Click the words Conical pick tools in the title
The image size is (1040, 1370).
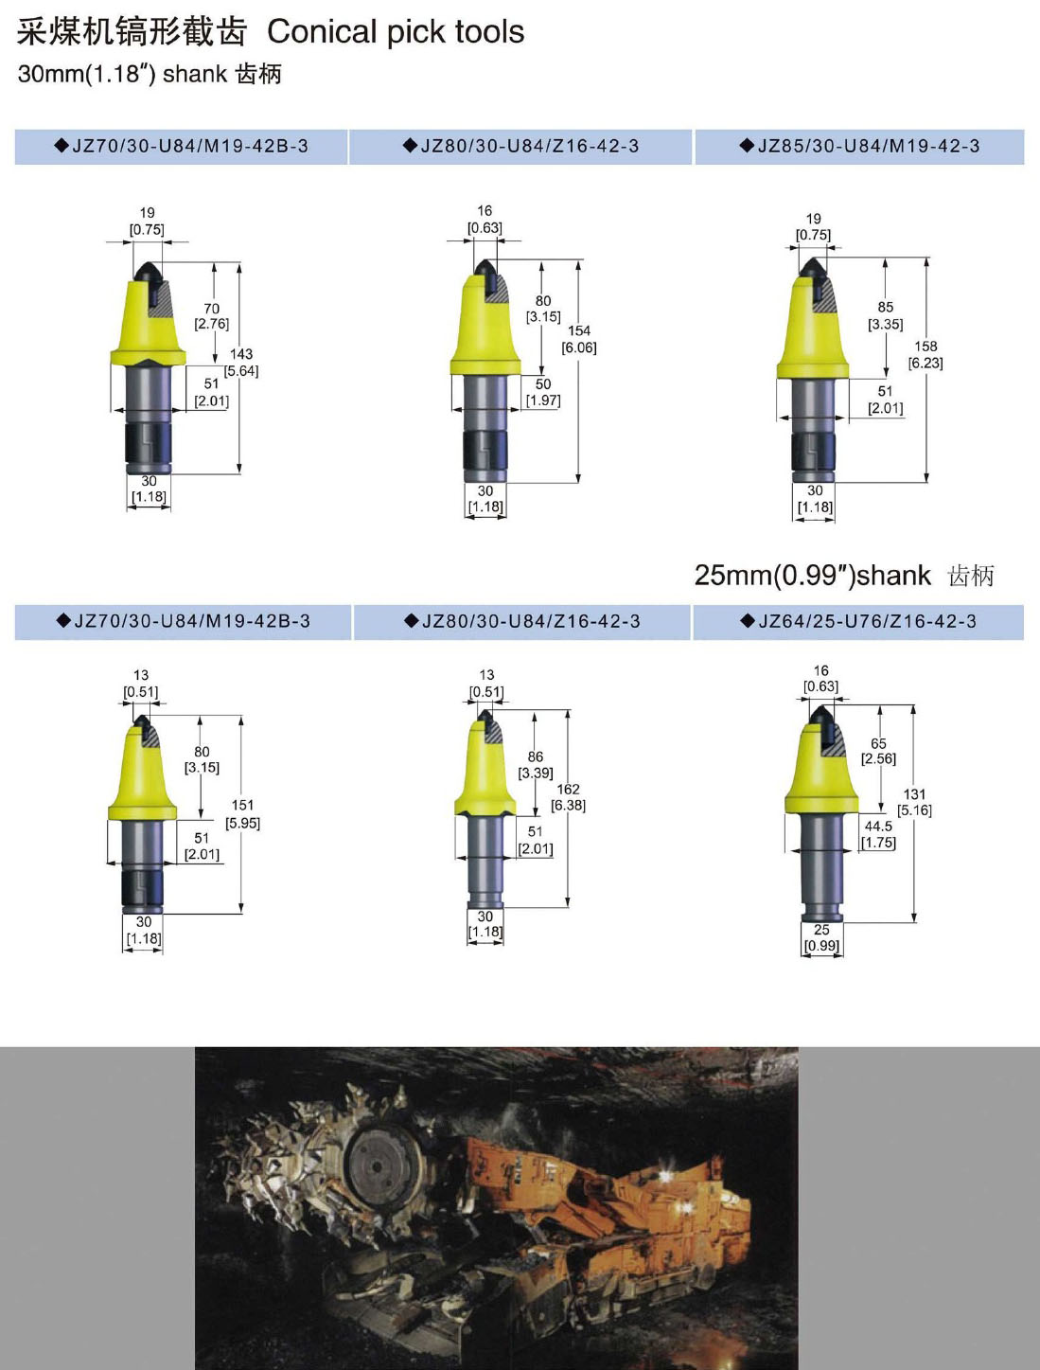396,32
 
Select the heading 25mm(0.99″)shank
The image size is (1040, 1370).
812,576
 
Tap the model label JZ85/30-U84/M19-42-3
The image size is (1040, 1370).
868,147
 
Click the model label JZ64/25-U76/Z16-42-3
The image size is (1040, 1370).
867,622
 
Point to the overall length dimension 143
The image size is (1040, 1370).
240,354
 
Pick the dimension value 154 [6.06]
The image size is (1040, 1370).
579,339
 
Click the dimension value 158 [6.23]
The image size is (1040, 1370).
925,354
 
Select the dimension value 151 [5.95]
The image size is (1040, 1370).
242,814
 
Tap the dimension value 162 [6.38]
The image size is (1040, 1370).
568,797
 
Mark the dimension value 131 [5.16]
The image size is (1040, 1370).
914,802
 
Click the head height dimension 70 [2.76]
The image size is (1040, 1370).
211,316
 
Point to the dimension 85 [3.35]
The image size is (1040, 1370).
886,316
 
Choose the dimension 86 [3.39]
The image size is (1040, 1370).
536,765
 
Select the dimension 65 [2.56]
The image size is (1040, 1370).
878,751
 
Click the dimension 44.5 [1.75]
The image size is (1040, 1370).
878,834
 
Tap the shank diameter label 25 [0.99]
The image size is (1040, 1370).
821,937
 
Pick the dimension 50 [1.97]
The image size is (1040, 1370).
543,392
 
